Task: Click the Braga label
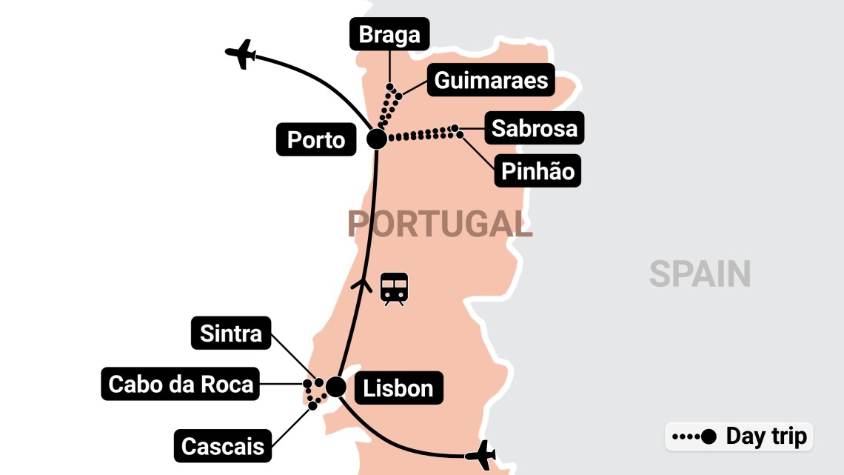pyautogui.click(x=389, y=34)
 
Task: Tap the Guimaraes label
pyautogui.click(x=491, y=80)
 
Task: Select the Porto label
pyautogui.click(x=316, y=140)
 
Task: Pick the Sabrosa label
pyautogui.click(x=534, y=128)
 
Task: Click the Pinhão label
pyautogui.click(x=537, y=171)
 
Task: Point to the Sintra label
pyautogui.click(x=231, y=333)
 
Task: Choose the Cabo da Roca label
pyautogui.click(x=181, y=384)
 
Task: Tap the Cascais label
pyautogui.click(x=223, y=445)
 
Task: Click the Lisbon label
pyautogui.click(x=398, y=388)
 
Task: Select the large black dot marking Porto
pyautogui.click(x=376, y=139)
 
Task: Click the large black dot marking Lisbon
pyautogui.click(x=335, y=387)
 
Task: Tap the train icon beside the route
pyautogui.click(x=394, y=289)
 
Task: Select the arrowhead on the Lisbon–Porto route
pyautogui.click(x=364, y=283)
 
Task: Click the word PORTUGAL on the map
pyautogui.click(x=440, y=224)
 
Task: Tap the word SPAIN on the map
pyautogui.click(x=700, y=274)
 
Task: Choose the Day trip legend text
pyautogui.click(x=766, y=436)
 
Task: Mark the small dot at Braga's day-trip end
pyautogui.click(x=390, y=86)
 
